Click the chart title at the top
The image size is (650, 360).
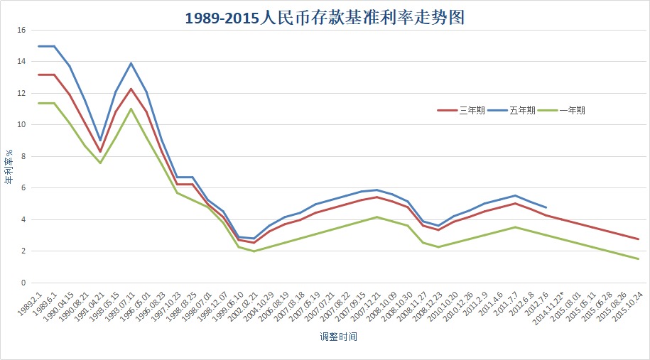pos(325,18)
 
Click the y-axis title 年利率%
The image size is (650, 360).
pos(9,167)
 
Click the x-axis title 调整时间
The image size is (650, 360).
pos(338,337)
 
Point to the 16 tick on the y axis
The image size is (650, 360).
pos(21,31)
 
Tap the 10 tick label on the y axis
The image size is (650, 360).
pos(21,125)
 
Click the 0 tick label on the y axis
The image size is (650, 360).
pos(23,283)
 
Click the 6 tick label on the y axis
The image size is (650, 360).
pos(23,188)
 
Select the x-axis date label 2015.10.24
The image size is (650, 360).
pos(624,306)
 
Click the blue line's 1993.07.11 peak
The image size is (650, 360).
pos(131,63)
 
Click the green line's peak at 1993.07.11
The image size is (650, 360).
pos(131,109)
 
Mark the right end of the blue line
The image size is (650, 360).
pos(546,207)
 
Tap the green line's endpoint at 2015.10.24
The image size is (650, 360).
pos(638,259)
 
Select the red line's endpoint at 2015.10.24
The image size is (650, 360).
pos(638,239)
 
